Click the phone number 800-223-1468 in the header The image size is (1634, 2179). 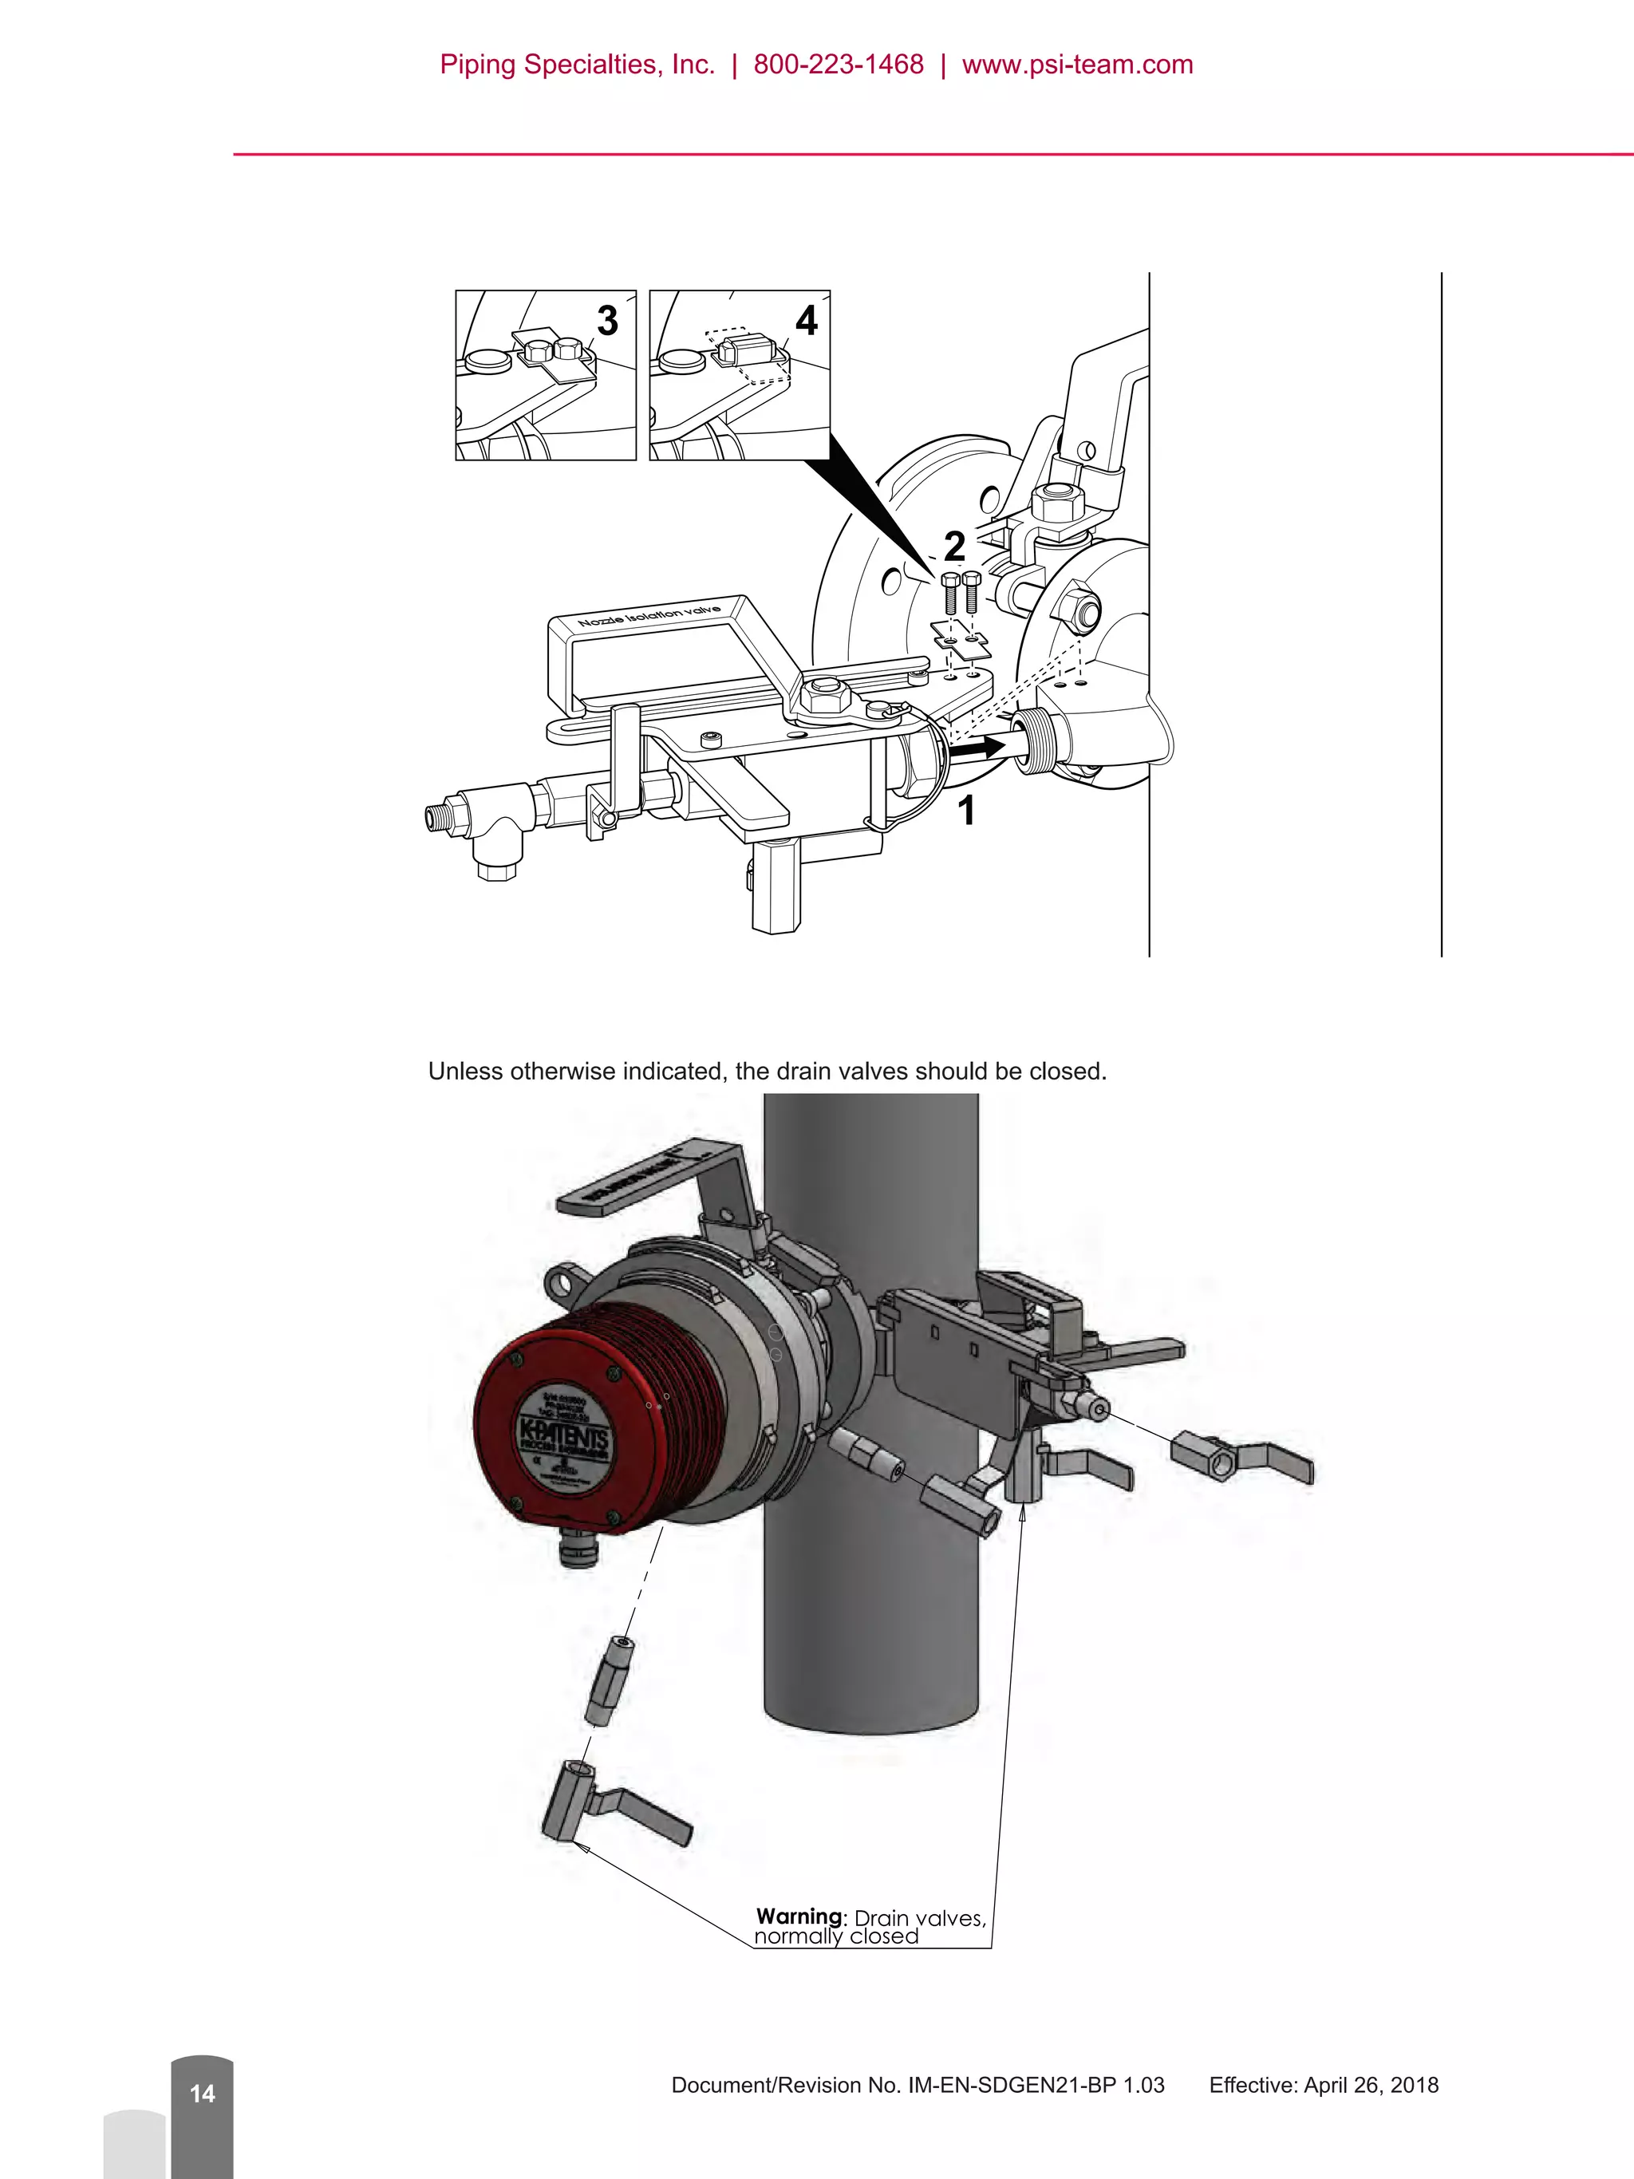coord(839,65)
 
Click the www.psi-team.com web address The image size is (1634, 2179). coord(1078,65)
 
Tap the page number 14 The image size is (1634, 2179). coord(202,2094)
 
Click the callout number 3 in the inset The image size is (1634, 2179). coord(608,321)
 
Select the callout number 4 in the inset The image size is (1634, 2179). coord(806,321)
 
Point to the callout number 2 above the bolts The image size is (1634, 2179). coord(953,546)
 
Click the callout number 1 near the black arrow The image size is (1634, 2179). coord(966,811)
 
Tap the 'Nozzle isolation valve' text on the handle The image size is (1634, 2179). coord(649,617)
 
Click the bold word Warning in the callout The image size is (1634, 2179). coord(799,1916)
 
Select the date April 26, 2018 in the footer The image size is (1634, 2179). coord(1371,2086)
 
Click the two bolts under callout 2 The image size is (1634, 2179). coord(961,594)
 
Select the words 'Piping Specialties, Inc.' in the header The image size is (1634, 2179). coord(577,65)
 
